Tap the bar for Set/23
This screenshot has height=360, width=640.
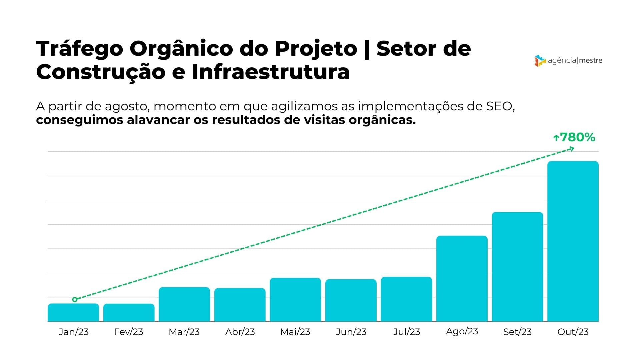(x=517, y=266)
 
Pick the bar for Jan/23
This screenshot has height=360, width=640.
(x=73, y=312)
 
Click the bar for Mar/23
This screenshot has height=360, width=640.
(x=184, y=304)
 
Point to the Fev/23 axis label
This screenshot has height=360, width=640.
(x=128, y=332)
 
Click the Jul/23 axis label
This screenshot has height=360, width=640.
(x=406, y=332)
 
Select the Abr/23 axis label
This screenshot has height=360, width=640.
(x=240, y=332)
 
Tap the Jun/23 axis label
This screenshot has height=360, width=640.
(x=351, y=332)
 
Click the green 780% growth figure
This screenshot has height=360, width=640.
(x=577, y=137)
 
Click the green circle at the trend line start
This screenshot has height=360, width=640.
(x=75, y=299)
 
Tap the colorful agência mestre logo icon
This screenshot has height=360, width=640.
(x=540, y=61)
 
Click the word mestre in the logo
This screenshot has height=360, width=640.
(x=591, y=61)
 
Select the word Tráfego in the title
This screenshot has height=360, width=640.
(x=80, y=49)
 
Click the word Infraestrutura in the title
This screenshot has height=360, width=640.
(x=271, y=72)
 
